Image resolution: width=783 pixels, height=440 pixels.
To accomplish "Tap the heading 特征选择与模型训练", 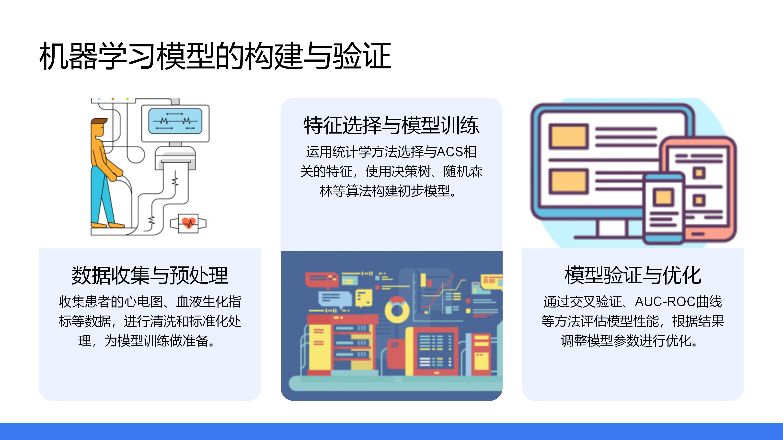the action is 391,125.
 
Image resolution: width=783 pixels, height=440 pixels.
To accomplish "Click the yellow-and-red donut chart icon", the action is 397,310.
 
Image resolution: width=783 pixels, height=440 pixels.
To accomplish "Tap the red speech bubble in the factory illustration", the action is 322,280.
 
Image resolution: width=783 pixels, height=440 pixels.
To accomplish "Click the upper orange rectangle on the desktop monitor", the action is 568,137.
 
